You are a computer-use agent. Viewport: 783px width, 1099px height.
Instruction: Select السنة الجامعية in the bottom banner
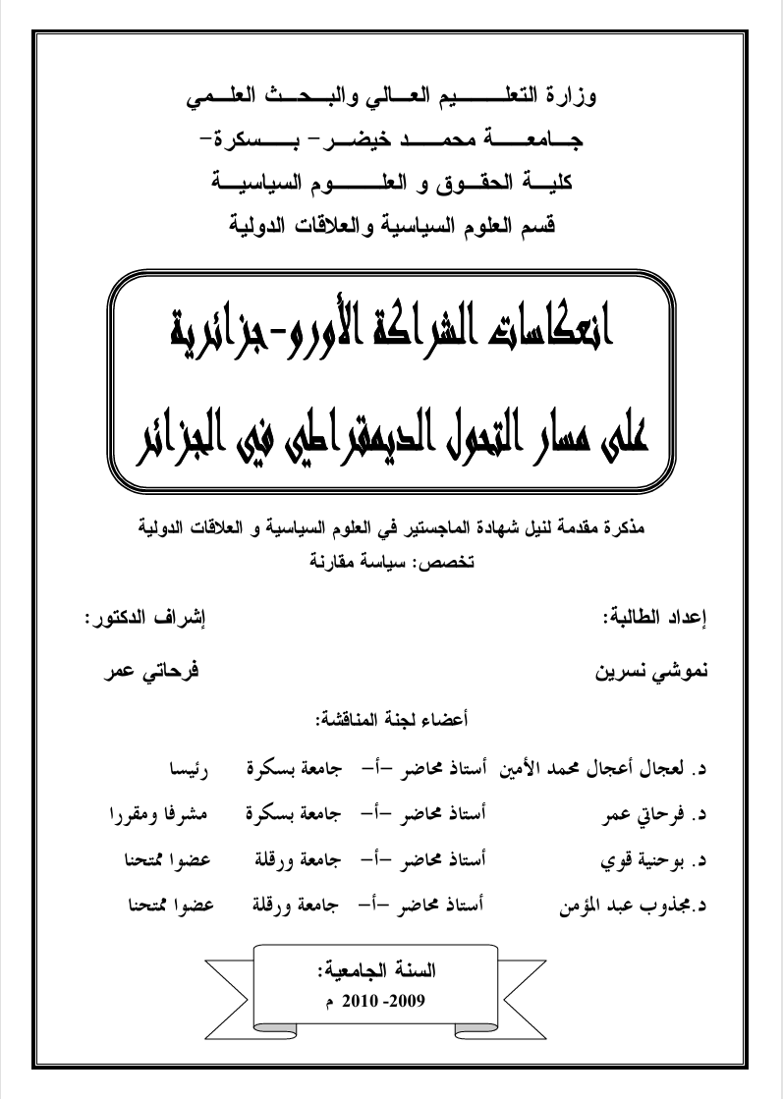pos(392,973)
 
